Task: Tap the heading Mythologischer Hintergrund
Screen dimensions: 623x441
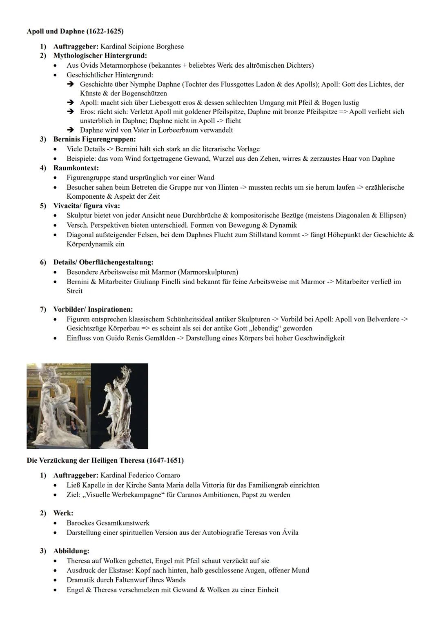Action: point(100,55)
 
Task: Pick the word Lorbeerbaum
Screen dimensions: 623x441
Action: point(173,130)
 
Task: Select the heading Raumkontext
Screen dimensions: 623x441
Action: point(76,168)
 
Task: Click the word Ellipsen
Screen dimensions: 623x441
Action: point(392,215)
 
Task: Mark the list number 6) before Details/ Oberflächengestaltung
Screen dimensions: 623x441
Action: point(43,262)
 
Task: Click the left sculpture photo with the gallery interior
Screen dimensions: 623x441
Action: point(59,406)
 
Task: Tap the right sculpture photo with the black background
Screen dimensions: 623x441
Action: point(120,406)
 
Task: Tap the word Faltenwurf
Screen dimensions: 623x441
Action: point(122,580)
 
